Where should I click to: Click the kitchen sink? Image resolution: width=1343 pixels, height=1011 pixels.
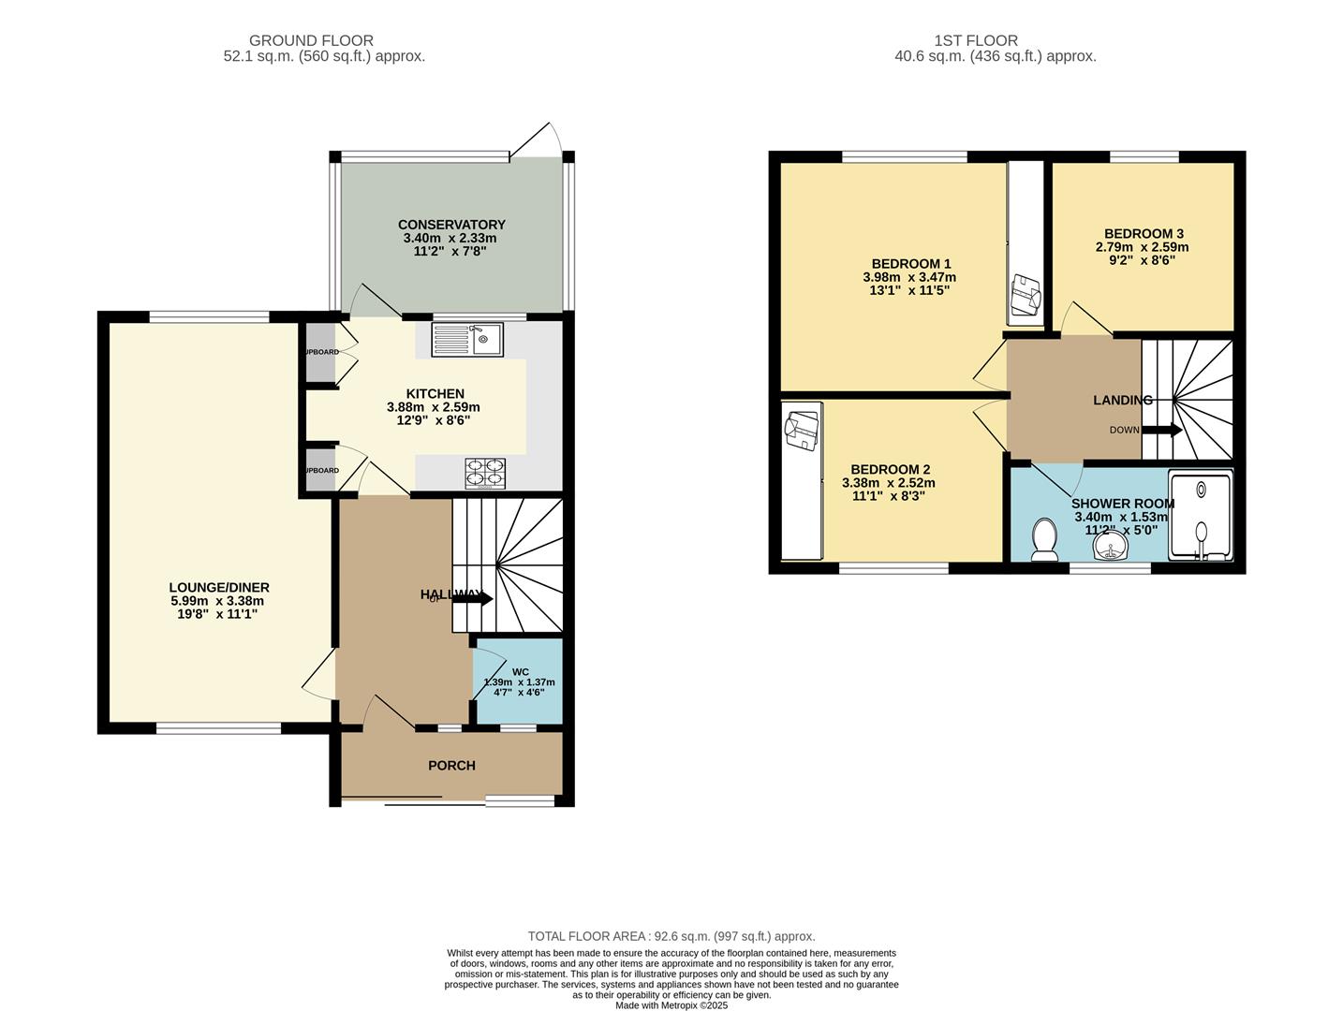tap(467, 339)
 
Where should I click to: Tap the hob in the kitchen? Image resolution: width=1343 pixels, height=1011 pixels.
tap(485, 473)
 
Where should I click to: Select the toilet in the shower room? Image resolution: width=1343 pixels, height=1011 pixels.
tap(1043, 541)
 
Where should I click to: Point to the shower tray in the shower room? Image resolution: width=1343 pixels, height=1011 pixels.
tap(1201, 515)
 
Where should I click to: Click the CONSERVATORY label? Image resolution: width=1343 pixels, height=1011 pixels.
tap(451, 225)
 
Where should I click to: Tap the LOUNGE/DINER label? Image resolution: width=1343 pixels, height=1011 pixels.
tap(219, 588)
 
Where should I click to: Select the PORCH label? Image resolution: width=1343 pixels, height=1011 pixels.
tap(451, 766)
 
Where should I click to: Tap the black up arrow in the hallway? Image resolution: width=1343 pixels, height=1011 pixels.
tap(473, 597)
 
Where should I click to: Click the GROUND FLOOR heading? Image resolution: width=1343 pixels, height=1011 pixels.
tap(311, 41)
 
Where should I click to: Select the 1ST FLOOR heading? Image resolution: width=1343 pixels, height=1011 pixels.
tap(975, 41)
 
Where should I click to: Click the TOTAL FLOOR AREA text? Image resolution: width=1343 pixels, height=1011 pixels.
tap(671, 936)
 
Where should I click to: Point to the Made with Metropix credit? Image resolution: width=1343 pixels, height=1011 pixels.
tap(671, 1005)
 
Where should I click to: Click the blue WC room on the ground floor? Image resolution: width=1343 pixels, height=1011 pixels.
tap(519, 681)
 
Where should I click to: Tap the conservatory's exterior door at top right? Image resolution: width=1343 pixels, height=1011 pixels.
tap(537, 139)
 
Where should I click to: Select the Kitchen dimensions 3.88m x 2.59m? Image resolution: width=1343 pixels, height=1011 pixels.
tap(433, 407)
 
